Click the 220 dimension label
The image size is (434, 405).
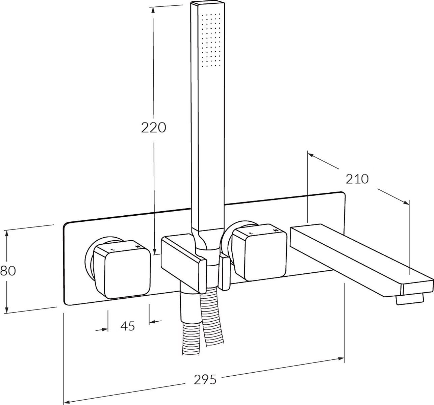point(154,128)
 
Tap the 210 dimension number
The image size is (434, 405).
point(357,179)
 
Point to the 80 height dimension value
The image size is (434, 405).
point(8,271)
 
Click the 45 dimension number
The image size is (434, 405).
point(128,326)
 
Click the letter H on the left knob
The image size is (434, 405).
point(137,246)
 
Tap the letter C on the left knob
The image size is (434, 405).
point(113,249)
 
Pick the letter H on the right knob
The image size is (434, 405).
point(276,230)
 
